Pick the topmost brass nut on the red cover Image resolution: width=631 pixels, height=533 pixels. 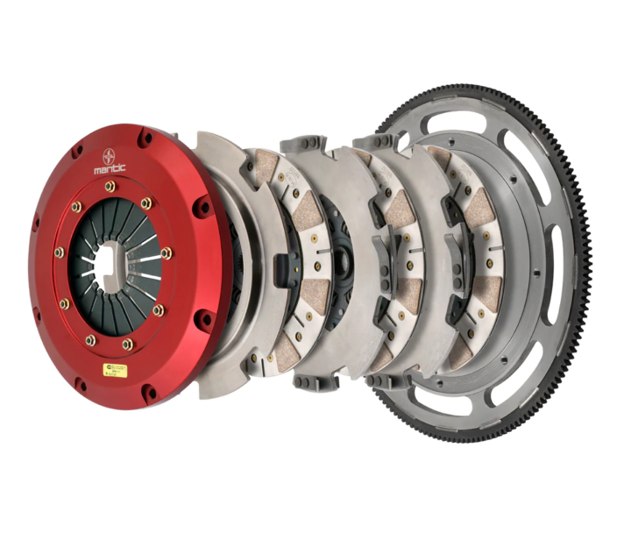click(x=110, y=186)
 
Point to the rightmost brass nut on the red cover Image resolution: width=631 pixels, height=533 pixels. click(x=167, y=253)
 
